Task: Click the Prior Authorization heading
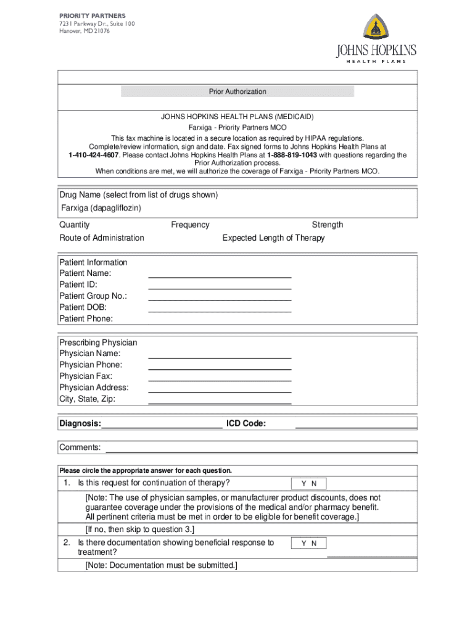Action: click(x=238, y=92)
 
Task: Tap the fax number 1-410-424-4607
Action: click(x=94, y=156)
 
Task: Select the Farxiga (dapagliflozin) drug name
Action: click(x=101, y=208)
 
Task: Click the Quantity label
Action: click(x=75, y=225)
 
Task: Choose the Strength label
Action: click(x=328, y=225)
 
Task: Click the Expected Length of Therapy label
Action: click(x=273, y=238)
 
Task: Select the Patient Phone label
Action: click(x=86, y=318)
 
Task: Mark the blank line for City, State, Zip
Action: click(x=220, y=402)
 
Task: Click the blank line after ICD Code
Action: click(x=356, y=426)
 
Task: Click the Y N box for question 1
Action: click(x=308, y=484)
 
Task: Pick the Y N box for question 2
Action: click(x=308, y=544)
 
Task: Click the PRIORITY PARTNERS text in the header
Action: click(x=92, y=15)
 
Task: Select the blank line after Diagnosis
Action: click(x=162, y=426)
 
